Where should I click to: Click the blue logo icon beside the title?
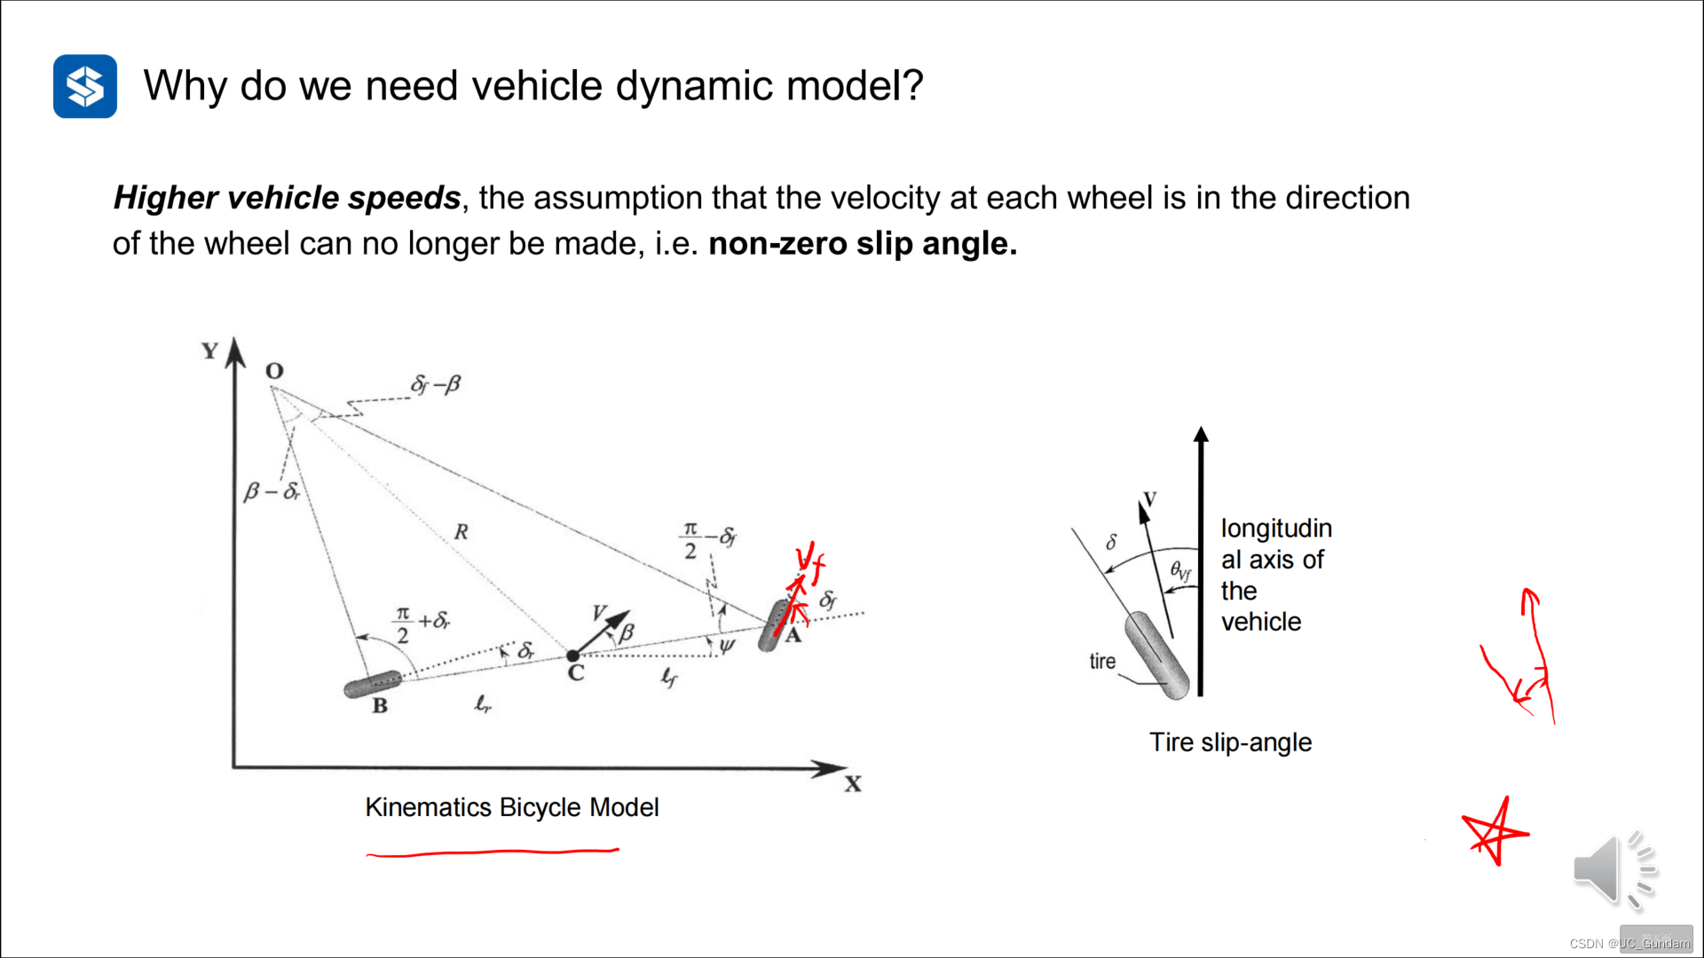[85, 86]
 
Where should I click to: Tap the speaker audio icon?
[1614, 870]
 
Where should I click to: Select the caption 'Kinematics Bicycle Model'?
[511, 807]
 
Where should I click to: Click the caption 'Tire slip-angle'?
[1230, 742]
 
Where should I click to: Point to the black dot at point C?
[573, 656]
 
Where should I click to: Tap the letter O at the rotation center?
[274, 371]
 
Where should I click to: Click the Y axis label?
[210, 351]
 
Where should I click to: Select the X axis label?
[853, 784]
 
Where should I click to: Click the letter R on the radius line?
[461, 532]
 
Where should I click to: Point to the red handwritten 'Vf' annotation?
[809, 561]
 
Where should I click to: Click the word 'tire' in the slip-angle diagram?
[1102, 661]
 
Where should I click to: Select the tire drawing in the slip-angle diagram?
[1156, 655]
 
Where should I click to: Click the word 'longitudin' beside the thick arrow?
[1276, 529]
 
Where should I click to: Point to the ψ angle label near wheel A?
[727, 646]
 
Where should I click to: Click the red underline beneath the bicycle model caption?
[493, 852]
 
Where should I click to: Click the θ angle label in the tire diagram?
[1179, 570]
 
